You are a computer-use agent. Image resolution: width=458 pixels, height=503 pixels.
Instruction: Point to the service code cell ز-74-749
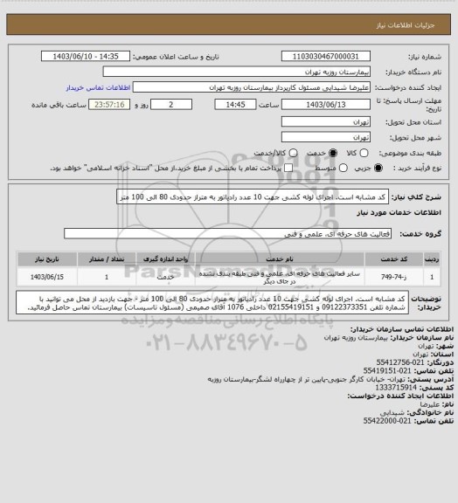pos(435,277)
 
